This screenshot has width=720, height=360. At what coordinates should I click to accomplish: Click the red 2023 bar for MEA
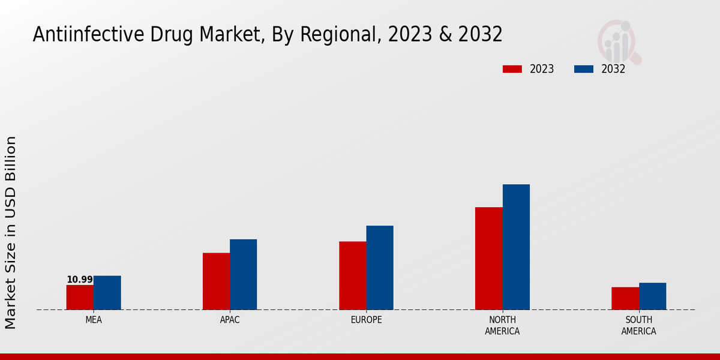[80, 297]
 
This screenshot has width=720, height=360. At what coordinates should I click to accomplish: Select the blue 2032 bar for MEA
[107, 293]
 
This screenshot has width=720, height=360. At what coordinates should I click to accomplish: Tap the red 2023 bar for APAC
[216, 281]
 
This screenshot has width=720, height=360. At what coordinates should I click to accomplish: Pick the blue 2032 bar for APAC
[244, 274]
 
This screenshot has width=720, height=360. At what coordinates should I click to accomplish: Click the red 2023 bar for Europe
[353, 275]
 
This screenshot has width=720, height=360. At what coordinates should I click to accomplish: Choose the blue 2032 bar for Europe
[380, 268]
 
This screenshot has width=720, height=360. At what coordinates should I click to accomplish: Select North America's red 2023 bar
[489, 258]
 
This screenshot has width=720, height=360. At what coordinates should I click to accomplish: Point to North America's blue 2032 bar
[516, 247]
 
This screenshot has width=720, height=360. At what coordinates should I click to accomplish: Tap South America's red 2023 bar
[625, 298]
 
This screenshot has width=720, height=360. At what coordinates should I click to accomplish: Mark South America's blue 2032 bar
[653, 296]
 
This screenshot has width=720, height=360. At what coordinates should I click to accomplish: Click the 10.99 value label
[80, 280]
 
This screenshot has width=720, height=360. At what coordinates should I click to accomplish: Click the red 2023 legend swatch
[512, 69]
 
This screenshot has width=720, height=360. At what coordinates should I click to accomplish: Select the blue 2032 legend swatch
[584, 69]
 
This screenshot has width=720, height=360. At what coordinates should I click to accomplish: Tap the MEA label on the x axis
[94, 320]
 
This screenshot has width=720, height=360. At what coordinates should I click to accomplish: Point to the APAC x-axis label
[230, 320]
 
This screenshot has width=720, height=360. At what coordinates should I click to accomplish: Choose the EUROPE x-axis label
[366, 320]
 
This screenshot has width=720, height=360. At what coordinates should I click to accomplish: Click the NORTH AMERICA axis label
[502, 325]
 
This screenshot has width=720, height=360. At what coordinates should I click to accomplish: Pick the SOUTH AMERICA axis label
[638, 325]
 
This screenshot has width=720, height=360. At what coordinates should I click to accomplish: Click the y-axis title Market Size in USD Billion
[11, 232]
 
